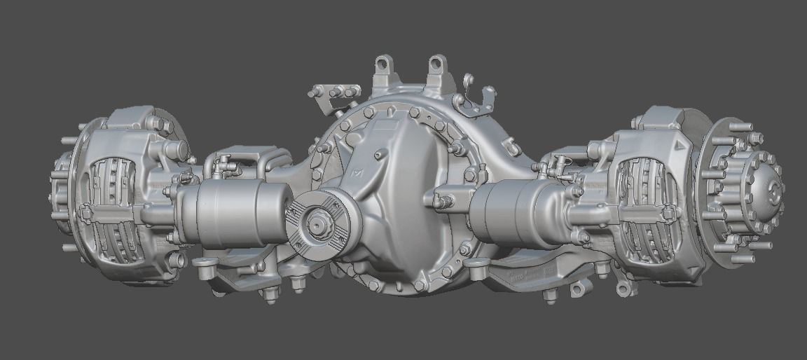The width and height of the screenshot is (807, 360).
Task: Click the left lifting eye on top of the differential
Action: (383, 65)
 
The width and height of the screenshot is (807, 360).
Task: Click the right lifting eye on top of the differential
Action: (437, 64)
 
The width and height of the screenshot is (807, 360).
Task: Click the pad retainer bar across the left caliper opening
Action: (116, 210)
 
